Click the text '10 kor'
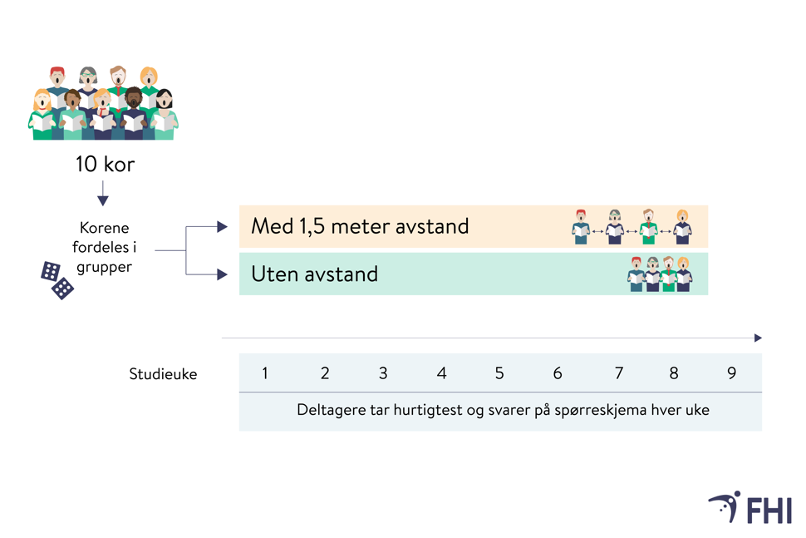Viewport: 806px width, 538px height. [105, 165]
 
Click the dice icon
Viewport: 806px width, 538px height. [57, 279]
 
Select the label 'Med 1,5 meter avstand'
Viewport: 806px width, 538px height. [360, 226]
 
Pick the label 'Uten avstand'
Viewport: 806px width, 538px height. [315, 274]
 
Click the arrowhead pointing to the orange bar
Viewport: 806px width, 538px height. [222, 226]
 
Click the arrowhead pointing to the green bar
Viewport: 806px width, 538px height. [222, 274]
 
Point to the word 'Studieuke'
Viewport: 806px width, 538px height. [163, 374]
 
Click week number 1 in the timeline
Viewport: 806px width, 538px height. [265, 373]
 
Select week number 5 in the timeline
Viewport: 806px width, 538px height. [499, 373]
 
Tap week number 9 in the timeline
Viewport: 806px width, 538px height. [732, 373]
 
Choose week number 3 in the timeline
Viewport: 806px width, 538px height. [383, 373]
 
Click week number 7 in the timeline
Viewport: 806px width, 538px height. [618, 373]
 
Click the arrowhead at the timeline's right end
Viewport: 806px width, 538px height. [758, 338]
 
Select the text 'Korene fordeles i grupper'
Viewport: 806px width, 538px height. [105, 247]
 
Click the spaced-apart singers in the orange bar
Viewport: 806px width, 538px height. [632, 226]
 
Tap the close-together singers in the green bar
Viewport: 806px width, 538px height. [660, 274]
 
